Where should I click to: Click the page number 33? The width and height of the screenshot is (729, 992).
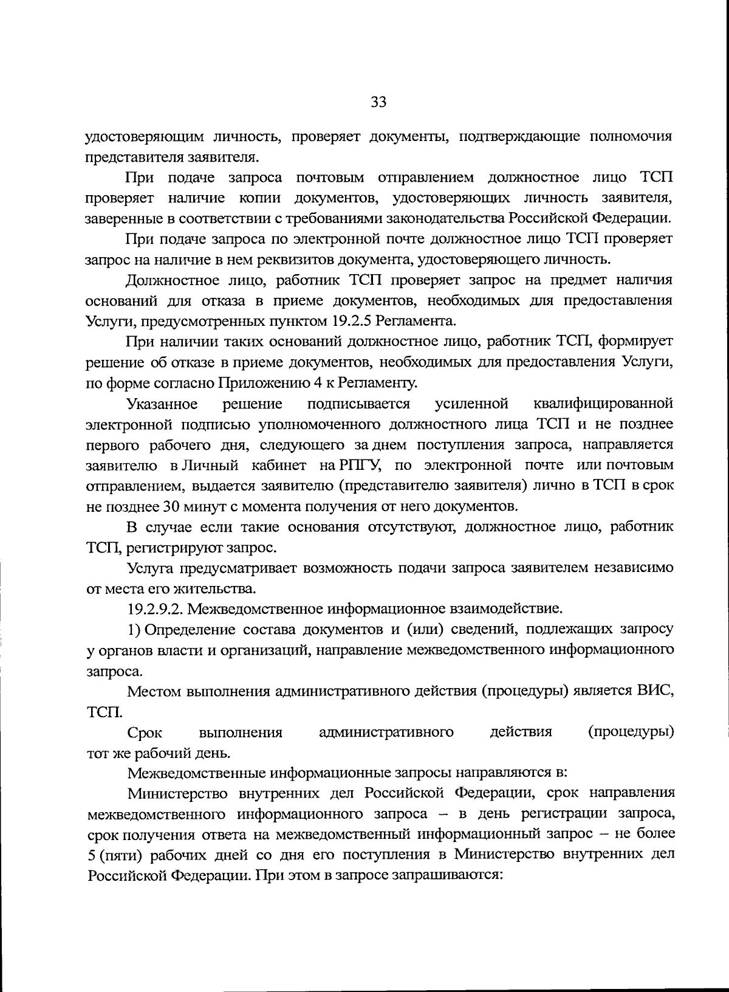click(378, 102)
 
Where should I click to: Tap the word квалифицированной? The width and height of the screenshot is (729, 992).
click(603, 404)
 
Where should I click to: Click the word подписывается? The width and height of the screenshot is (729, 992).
click(358, 404)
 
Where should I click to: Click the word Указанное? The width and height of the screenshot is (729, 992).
click(162, 404)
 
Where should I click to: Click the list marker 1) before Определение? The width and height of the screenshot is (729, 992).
click(134, 629)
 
